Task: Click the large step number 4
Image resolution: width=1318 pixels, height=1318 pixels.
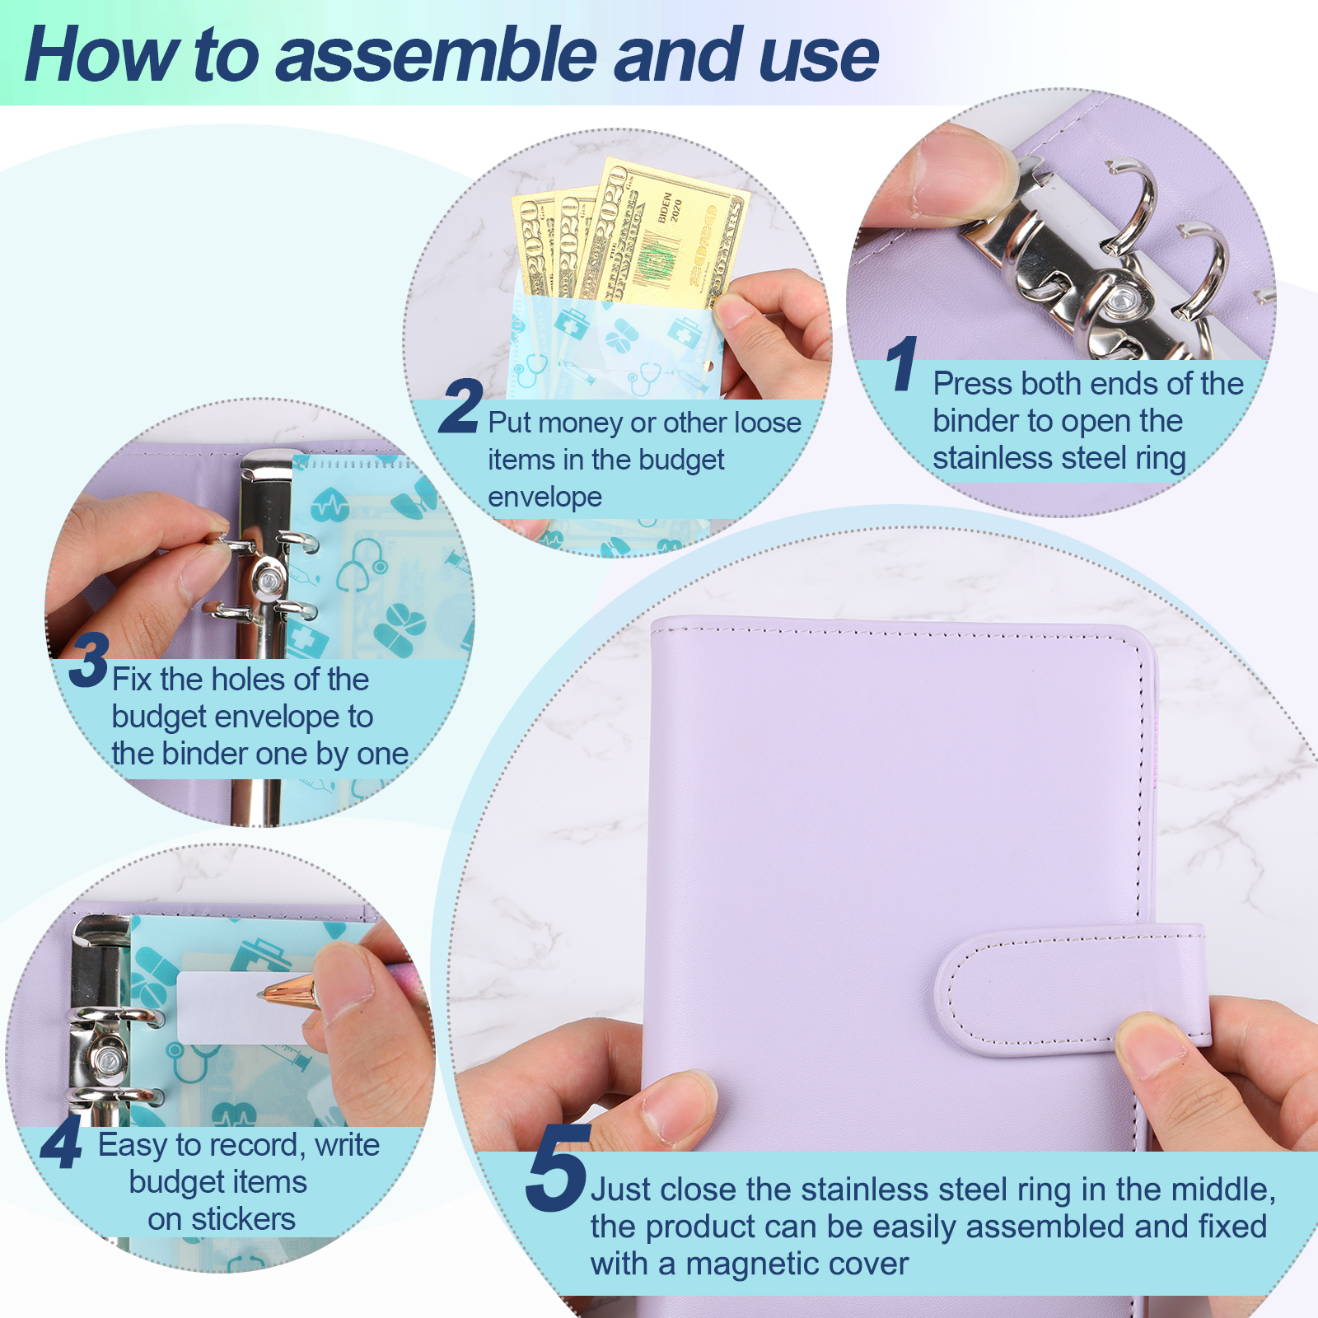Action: [x=62, y=1143]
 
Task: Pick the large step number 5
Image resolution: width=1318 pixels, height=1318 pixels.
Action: [x=559, y=1167]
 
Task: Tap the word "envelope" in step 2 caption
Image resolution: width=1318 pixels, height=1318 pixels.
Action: [x=544, y=498]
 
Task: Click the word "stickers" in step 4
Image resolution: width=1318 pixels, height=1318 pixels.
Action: [x=243, y=1219]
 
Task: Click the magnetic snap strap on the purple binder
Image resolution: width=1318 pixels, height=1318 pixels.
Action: [x=1071, y=988]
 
